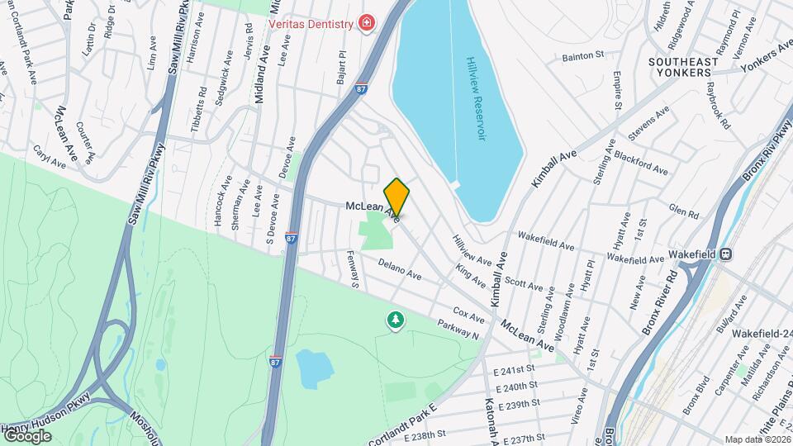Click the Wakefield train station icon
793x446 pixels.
726,254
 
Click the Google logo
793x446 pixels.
27,435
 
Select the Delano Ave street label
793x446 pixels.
401,268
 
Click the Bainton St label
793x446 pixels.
583,56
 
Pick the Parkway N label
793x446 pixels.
459,328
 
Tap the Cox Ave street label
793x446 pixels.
468,315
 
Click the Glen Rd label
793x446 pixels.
684,211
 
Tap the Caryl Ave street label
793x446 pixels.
49,158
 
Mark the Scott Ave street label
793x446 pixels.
524,285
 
